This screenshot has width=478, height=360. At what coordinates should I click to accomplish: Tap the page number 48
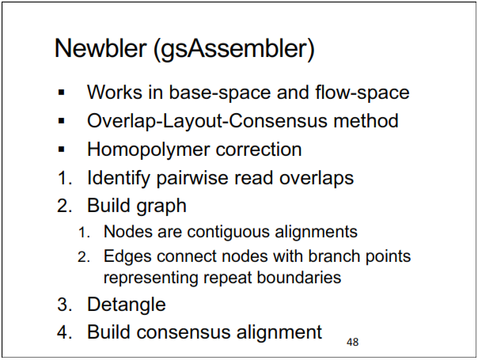pos(353,342)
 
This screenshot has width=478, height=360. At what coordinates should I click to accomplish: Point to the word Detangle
pos(127,304)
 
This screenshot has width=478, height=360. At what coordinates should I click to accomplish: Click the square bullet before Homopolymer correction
pos(62,150)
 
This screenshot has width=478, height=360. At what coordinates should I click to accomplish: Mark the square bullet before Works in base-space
pos(62,93)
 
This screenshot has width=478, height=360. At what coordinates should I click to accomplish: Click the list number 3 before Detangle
pos(63,304)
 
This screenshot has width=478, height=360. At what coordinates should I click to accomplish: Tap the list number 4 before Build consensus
pos(63,332)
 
